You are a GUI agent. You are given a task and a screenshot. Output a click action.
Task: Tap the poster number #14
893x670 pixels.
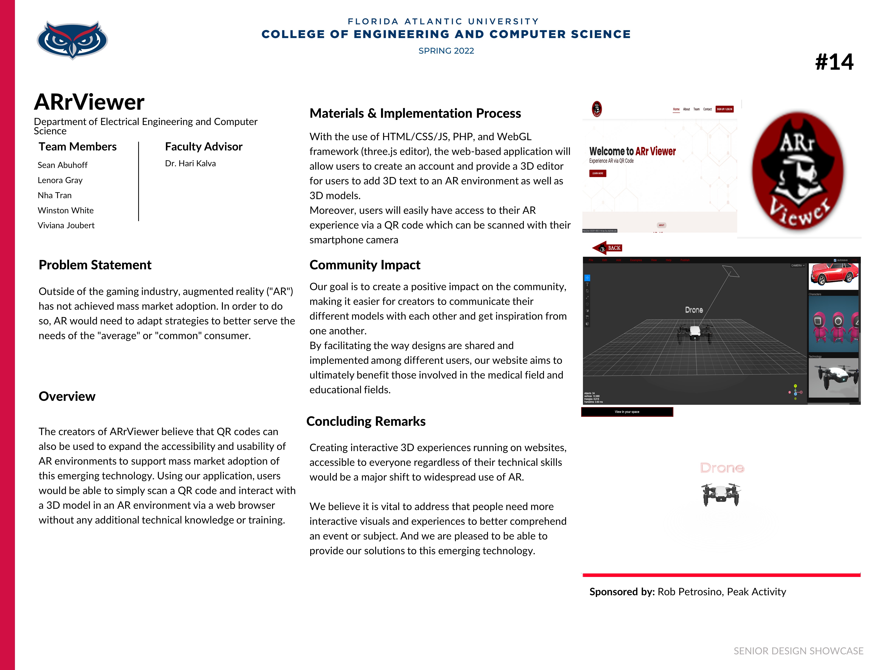point(834,62)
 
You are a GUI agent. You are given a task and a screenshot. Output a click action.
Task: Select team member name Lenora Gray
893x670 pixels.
point(60,180)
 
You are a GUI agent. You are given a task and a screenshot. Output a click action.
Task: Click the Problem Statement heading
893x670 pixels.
point(95,265)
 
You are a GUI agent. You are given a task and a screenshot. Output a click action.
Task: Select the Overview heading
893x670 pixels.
point(67,396)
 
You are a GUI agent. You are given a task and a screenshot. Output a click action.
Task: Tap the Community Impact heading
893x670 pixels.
point(365,265)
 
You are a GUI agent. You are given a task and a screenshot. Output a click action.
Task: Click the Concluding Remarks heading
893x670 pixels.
point(366,421)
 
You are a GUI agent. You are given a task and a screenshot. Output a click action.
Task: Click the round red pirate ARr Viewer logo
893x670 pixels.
point(797,171)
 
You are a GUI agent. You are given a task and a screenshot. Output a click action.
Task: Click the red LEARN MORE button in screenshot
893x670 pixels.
point(597,173)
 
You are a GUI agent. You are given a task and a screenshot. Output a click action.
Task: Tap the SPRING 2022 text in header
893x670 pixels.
point(446,51)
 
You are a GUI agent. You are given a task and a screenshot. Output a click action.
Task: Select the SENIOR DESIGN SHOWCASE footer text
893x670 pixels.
point(798,651)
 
